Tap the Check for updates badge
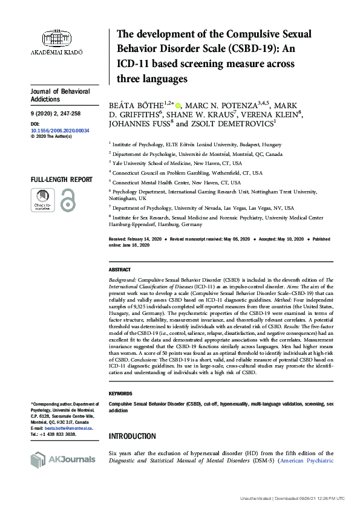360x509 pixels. coord(42,200)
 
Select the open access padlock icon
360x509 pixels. coord(67,200)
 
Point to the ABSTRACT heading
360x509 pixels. coord(119,270)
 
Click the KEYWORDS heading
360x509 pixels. coord(120,393)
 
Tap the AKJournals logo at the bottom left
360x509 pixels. coord(63,459)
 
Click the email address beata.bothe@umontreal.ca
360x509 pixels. coord(67,427)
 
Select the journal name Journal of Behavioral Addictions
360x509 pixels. coord(60,95)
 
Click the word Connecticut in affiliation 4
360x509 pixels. coord(128,173)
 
